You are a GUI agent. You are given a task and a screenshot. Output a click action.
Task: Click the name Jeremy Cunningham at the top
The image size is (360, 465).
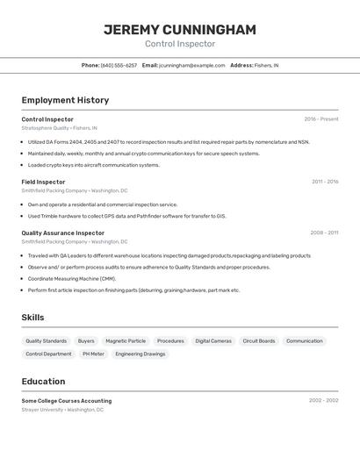click(180, 30)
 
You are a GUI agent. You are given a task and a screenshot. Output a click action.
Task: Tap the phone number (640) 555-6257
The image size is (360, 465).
click(119, 65)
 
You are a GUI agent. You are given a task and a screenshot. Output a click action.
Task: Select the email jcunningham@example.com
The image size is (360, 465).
click(192, 65)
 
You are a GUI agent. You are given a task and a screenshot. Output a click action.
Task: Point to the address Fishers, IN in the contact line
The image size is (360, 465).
click(267, 65)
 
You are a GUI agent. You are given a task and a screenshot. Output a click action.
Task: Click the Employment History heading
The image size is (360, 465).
click(65, 100)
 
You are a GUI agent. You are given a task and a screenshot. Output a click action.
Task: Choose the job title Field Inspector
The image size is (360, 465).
click(43, 182)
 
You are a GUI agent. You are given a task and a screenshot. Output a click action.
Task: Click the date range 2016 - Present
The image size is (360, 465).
click(321, 119)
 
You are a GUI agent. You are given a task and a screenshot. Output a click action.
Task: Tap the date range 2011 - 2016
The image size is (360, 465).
click(325, 182)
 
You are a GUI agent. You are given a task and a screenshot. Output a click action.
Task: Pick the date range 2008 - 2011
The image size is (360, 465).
click(324, 232)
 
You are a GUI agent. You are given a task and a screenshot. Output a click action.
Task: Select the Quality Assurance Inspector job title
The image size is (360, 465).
click(62, 232)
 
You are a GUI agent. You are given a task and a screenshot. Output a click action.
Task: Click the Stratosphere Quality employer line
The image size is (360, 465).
click(59, 127)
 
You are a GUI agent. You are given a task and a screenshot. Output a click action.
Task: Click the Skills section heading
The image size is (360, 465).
click(33, 318)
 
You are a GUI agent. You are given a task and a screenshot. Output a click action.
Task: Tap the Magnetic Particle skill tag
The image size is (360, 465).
click(126, 340)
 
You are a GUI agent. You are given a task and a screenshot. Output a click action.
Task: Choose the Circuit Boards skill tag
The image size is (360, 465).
click(259, 340)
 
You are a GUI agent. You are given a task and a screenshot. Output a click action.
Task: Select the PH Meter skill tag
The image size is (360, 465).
click(93, 354)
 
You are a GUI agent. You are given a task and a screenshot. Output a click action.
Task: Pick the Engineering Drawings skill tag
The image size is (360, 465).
click(140, 354)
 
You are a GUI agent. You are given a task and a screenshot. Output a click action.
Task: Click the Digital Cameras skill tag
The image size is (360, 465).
click(213, 340)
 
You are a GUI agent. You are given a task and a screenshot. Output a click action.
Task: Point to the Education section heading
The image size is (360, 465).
click(43, 382)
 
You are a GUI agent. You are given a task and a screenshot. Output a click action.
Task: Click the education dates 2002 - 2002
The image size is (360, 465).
click(323, 400)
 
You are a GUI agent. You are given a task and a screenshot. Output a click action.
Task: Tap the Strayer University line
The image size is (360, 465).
click(61, 409)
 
